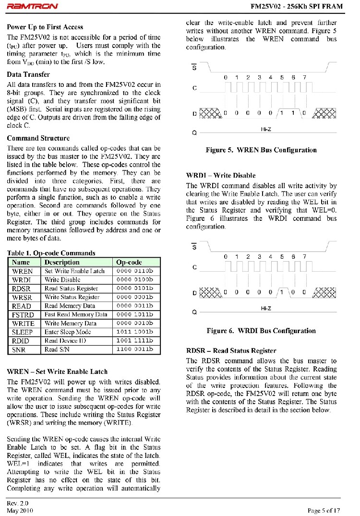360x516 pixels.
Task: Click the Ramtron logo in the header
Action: (x=33, y=7)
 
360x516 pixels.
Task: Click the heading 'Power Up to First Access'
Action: (x=45, y=27)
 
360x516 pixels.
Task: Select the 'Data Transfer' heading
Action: (x=28, y=74)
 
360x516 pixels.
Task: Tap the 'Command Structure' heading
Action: (x=38, y=138)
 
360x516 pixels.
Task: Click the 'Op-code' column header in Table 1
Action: (x=129, y=263)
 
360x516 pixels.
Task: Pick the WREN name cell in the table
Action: (x=22, y=271)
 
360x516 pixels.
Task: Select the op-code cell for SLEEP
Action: (x=134, y=332)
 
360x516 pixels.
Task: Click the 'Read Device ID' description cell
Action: (x=65, y=341)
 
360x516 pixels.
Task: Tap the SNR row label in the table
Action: (x=20, y=349)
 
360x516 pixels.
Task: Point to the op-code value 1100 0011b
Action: (x=134, y=349)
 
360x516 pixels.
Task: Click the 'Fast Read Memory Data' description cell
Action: (x=76, y=315)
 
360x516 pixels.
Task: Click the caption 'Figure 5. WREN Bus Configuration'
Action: (x=261, y=150)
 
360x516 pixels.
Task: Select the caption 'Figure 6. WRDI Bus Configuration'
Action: (x=261, y=331)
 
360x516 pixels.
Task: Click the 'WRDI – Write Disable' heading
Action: (x=221, y=175)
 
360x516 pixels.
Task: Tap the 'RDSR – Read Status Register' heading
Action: (x=231, y=350)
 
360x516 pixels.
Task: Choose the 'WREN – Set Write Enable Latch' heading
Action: (x=57, y=372)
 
